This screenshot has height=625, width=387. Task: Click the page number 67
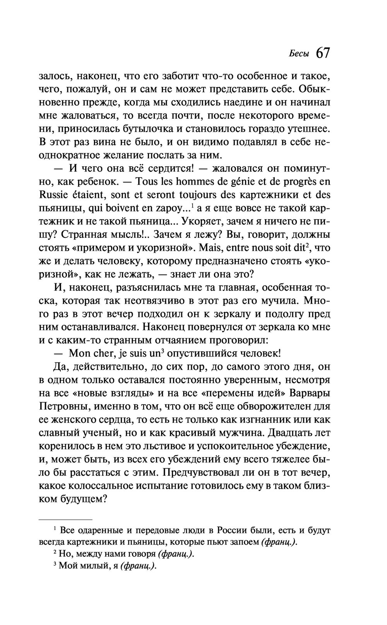click(322, 53)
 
